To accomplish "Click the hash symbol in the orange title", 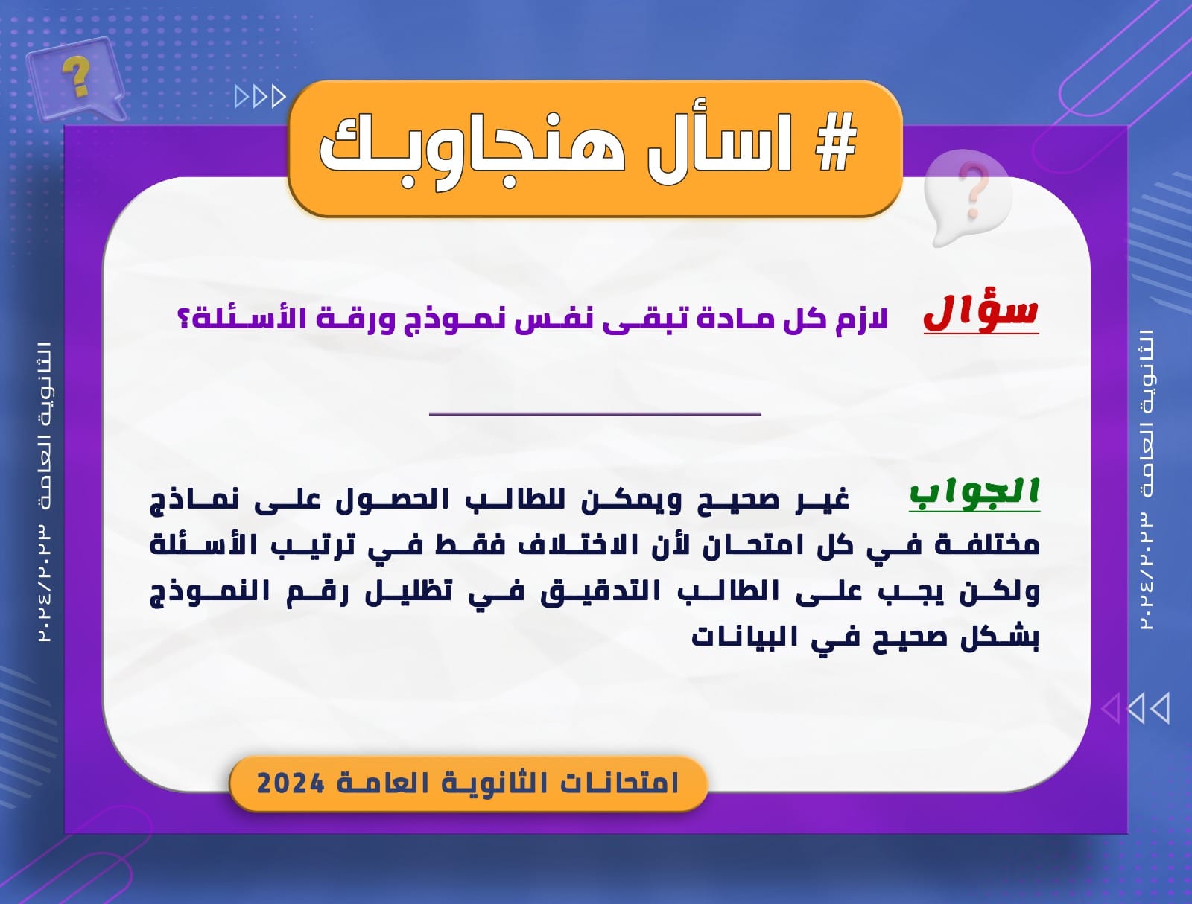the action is tap(837, 143).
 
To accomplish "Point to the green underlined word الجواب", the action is tap(974, 493).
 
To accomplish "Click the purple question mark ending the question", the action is tap(184, 319).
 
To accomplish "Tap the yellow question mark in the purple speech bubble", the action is tap(77, 76).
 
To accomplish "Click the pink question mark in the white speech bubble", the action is tap(973, 191).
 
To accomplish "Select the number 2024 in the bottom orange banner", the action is tap(291, 783).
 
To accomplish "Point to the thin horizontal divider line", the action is tap(595, 413).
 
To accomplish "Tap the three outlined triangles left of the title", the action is tap(260, 97).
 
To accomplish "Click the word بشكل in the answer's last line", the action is tap(1000, 638).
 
